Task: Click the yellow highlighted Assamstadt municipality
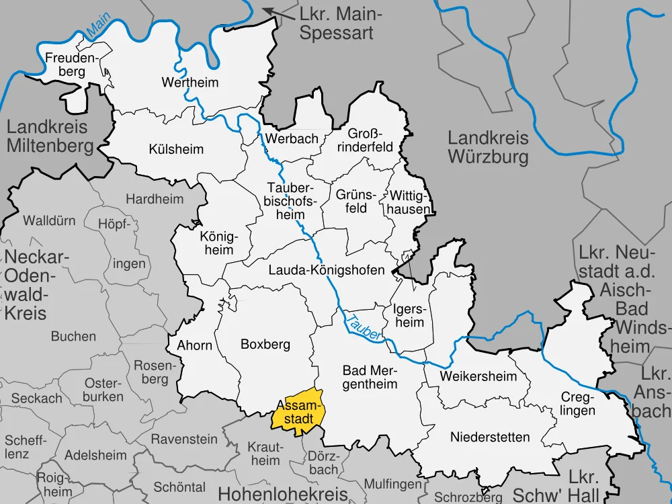[298, 410]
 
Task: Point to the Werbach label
[291, 138]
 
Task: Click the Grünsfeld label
[352, 200]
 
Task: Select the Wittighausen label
[409, 201]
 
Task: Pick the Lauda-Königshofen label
[326, 270]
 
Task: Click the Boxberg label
[265, 344]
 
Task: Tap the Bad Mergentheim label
[370, 376]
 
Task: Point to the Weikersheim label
[478, 376]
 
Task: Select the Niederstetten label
[490, 437]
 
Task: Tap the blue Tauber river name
[363, 325]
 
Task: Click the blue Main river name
[97, 29]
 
